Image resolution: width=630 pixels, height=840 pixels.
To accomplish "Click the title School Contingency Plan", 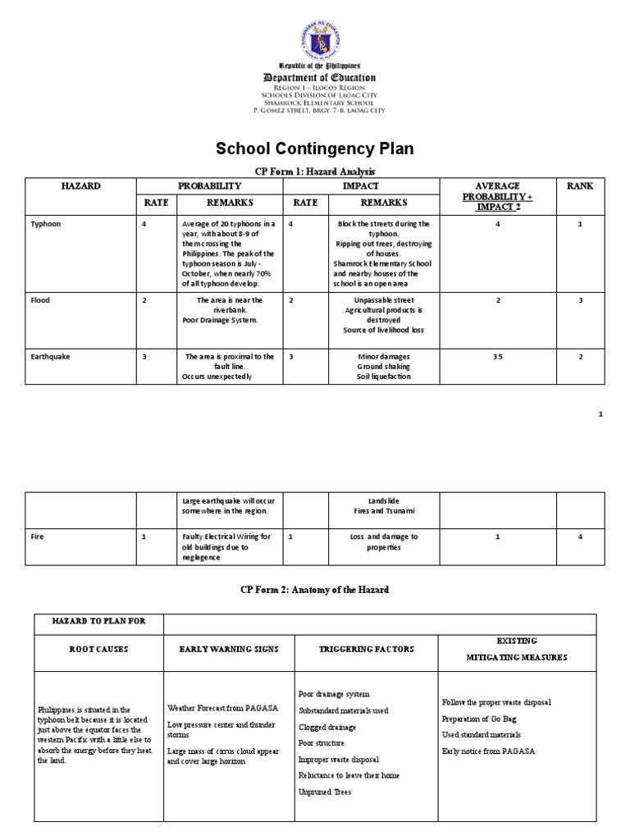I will [x=314, y=148].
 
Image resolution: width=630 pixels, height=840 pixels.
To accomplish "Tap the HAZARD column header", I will [x=80, y=186].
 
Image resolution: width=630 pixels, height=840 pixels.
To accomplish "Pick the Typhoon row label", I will [x=46, y=223].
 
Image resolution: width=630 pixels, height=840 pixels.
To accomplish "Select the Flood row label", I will [x=40, y=300].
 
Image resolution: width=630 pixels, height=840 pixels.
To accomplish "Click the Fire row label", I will [x=37, y=536].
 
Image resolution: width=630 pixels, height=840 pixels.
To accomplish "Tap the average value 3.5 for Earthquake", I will [x=497, y=357].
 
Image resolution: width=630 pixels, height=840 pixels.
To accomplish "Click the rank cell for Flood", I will [x=579, y=300].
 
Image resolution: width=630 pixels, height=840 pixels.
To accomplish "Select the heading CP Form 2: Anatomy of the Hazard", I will [x=314, y=589].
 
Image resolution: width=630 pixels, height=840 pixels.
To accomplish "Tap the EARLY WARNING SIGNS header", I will [x=229, y=649].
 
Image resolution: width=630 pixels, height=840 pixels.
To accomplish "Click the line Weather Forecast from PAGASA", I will [x=217, y=707].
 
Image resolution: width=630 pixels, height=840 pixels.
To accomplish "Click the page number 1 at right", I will [x=600, y=414].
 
